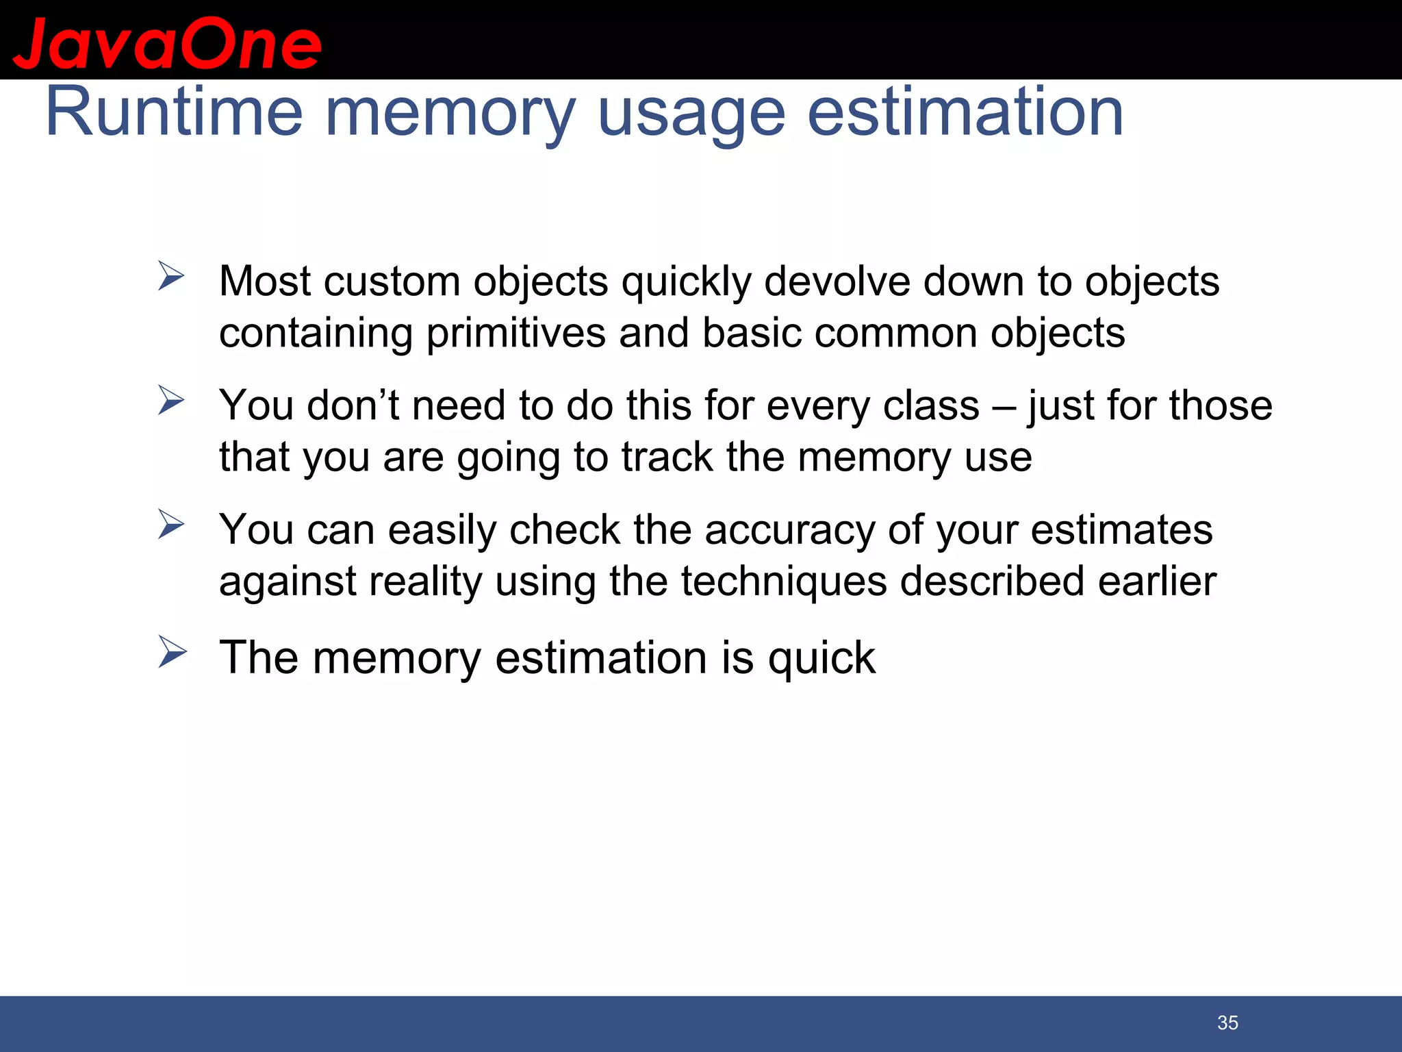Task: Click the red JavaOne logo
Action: click(166, 44)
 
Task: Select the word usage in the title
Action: click(691, 116)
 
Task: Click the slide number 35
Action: click(1227, 1023)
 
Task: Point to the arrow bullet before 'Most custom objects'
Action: click(171, 276)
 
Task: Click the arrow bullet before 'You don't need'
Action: click(171, 400)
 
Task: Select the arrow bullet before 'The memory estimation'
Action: click(172, 651)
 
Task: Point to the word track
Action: click(667, 457)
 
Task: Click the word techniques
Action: click(783, 582)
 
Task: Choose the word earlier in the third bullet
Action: click(1157, 581)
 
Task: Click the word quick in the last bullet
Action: click(821, 658)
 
